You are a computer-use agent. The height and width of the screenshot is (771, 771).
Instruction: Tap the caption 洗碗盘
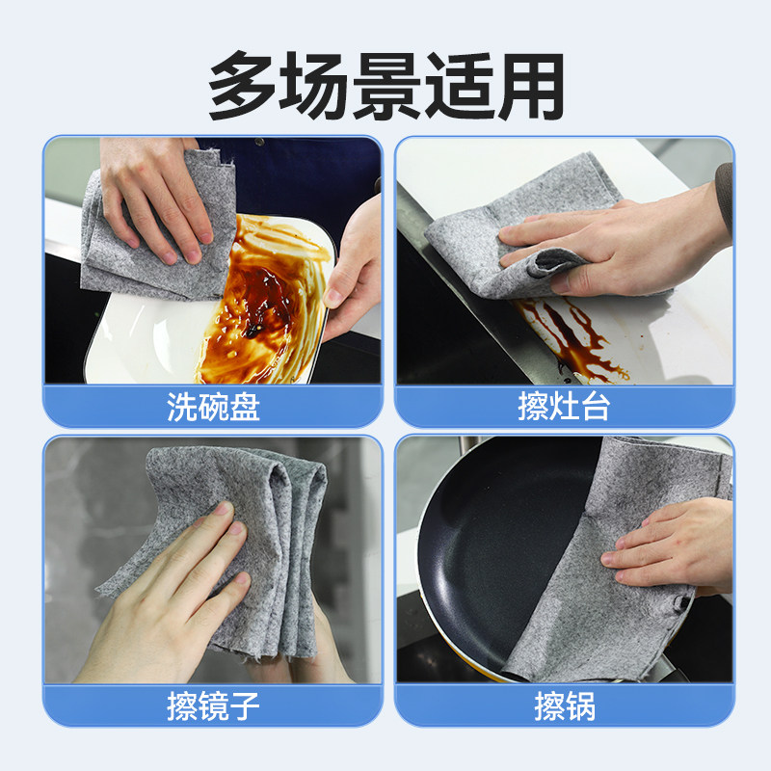click(213, 407)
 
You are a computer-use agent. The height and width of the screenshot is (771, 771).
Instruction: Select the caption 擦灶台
click(564, 407)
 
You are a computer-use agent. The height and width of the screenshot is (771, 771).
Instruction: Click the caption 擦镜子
click(213, 706)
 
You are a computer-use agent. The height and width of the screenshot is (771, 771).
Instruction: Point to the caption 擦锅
click(564, 706)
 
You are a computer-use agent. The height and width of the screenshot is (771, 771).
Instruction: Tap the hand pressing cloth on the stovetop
click(617, 241)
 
